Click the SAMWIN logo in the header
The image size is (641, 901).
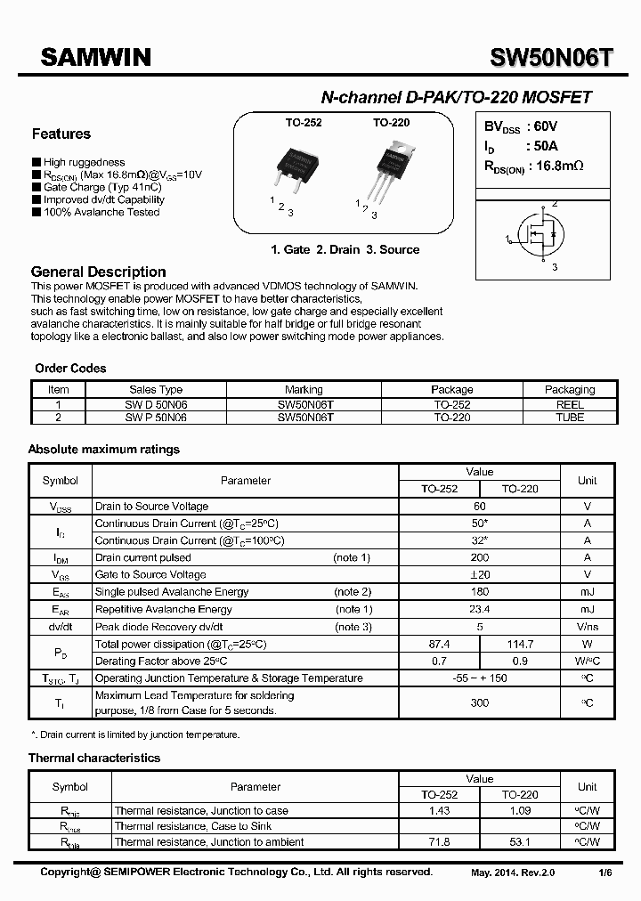tap(94, 58)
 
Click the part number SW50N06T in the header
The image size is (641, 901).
tap(552, 58)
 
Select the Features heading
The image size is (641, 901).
tap(61, 134)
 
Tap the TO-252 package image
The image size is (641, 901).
tap(300, 169)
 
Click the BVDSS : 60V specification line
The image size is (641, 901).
tap(521, 127)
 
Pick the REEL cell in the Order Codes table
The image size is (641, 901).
tap(570, 404)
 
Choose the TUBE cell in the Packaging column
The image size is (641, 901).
tap(570, 417)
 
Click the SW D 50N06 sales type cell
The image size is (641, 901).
tap(156, 404)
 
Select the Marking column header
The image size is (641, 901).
tap(304, 390)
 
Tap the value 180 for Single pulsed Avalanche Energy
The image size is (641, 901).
tap(480, 592)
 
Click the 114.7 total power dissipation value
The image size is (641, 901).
tap(520, 644)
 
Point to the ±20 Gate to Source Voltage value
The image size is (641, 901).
tap(480, 575)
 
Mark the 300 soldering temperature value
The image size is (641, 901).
tap(480, 702)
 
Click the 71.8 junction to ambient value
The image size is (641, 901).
tap(439, 841)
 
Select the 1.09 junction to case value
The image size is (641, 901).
tap(520, 811)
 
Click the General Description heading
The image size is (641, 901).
tap(98, 272)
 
